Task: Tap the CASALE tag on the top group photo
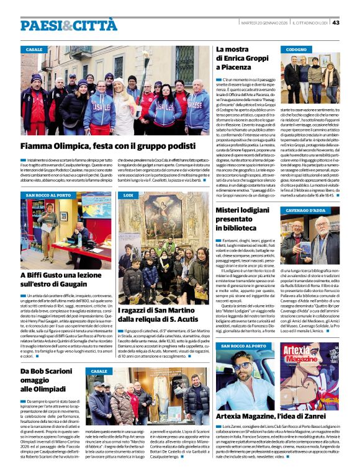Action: (34, 50)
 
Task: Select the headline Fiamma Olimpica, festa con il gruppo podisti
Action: (104, 146)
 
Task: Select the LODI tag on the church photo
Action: (128, 195)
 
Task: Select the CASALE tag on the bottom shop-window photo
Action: (99, 371)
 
